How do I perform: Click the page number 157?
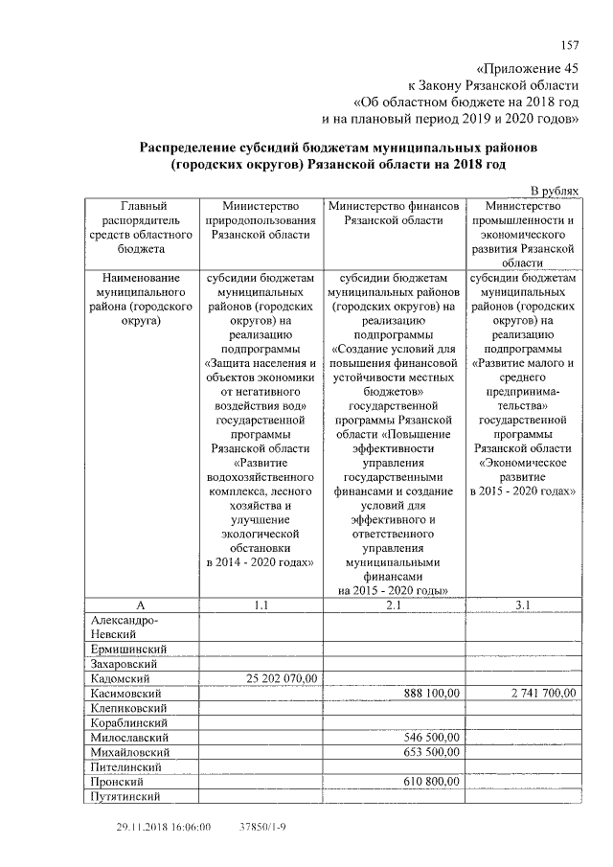[570, 46]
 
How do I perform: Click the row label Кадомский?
[119, 678]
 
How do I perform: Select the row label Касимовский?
[125, 694]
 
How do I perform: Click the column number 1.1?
[261, 605]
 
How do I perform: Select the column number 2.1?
[395, 605]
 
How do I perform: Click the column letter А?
[141, 605]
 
